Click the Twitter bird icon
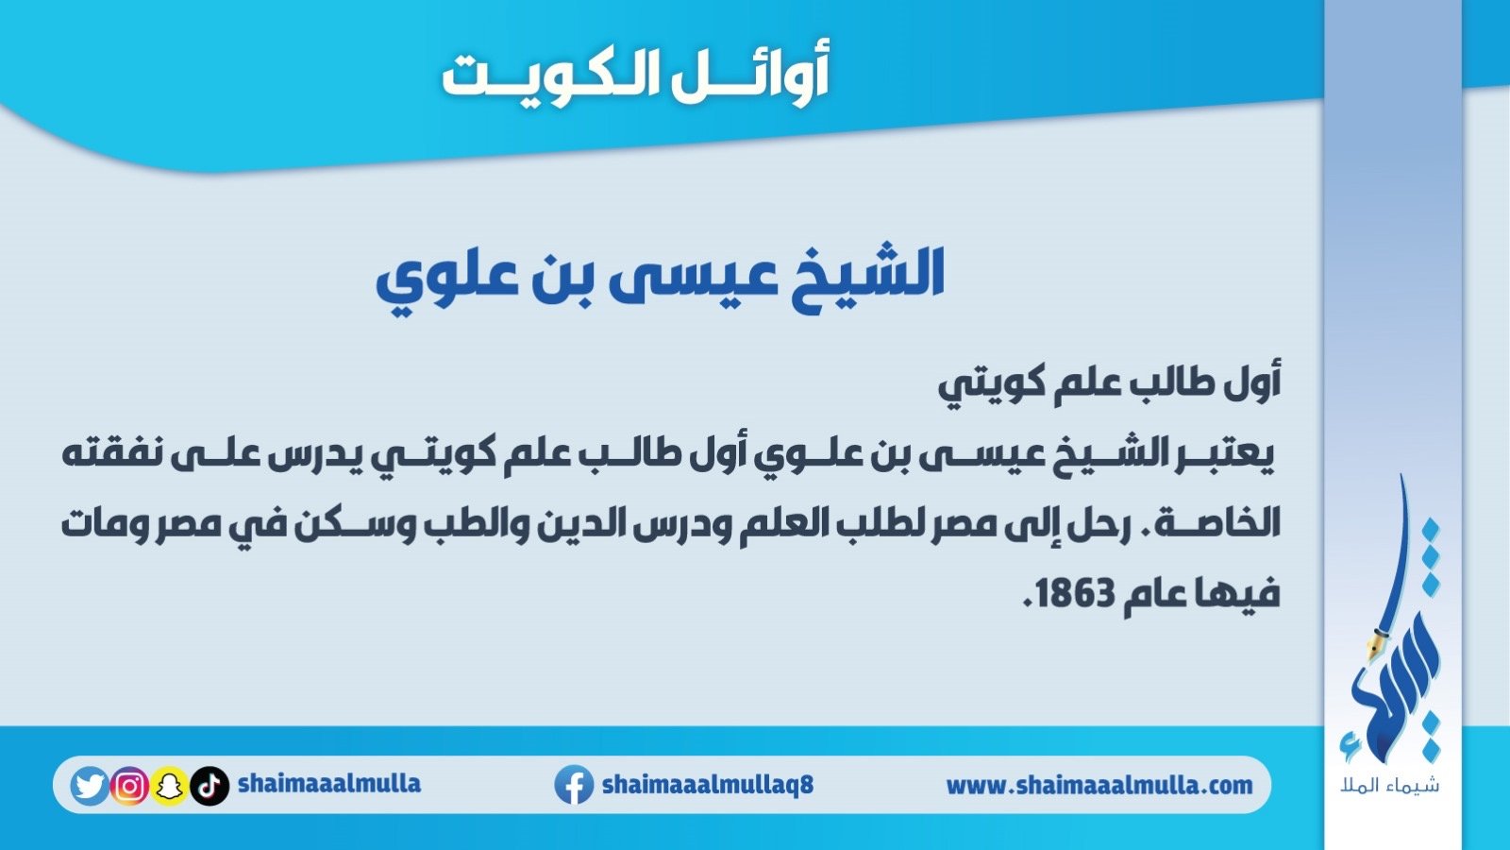point(90,786)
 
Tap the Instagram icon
point(129,786)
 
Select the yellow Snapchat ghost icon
point(169,786)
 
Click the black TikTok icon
point(209,786)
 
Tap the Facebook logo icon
point(574,785)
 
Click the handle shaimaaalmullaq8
point(708,785)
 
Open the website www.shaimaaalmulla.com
point(1099,785)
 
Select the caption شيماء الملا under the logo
point(1390,786)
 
